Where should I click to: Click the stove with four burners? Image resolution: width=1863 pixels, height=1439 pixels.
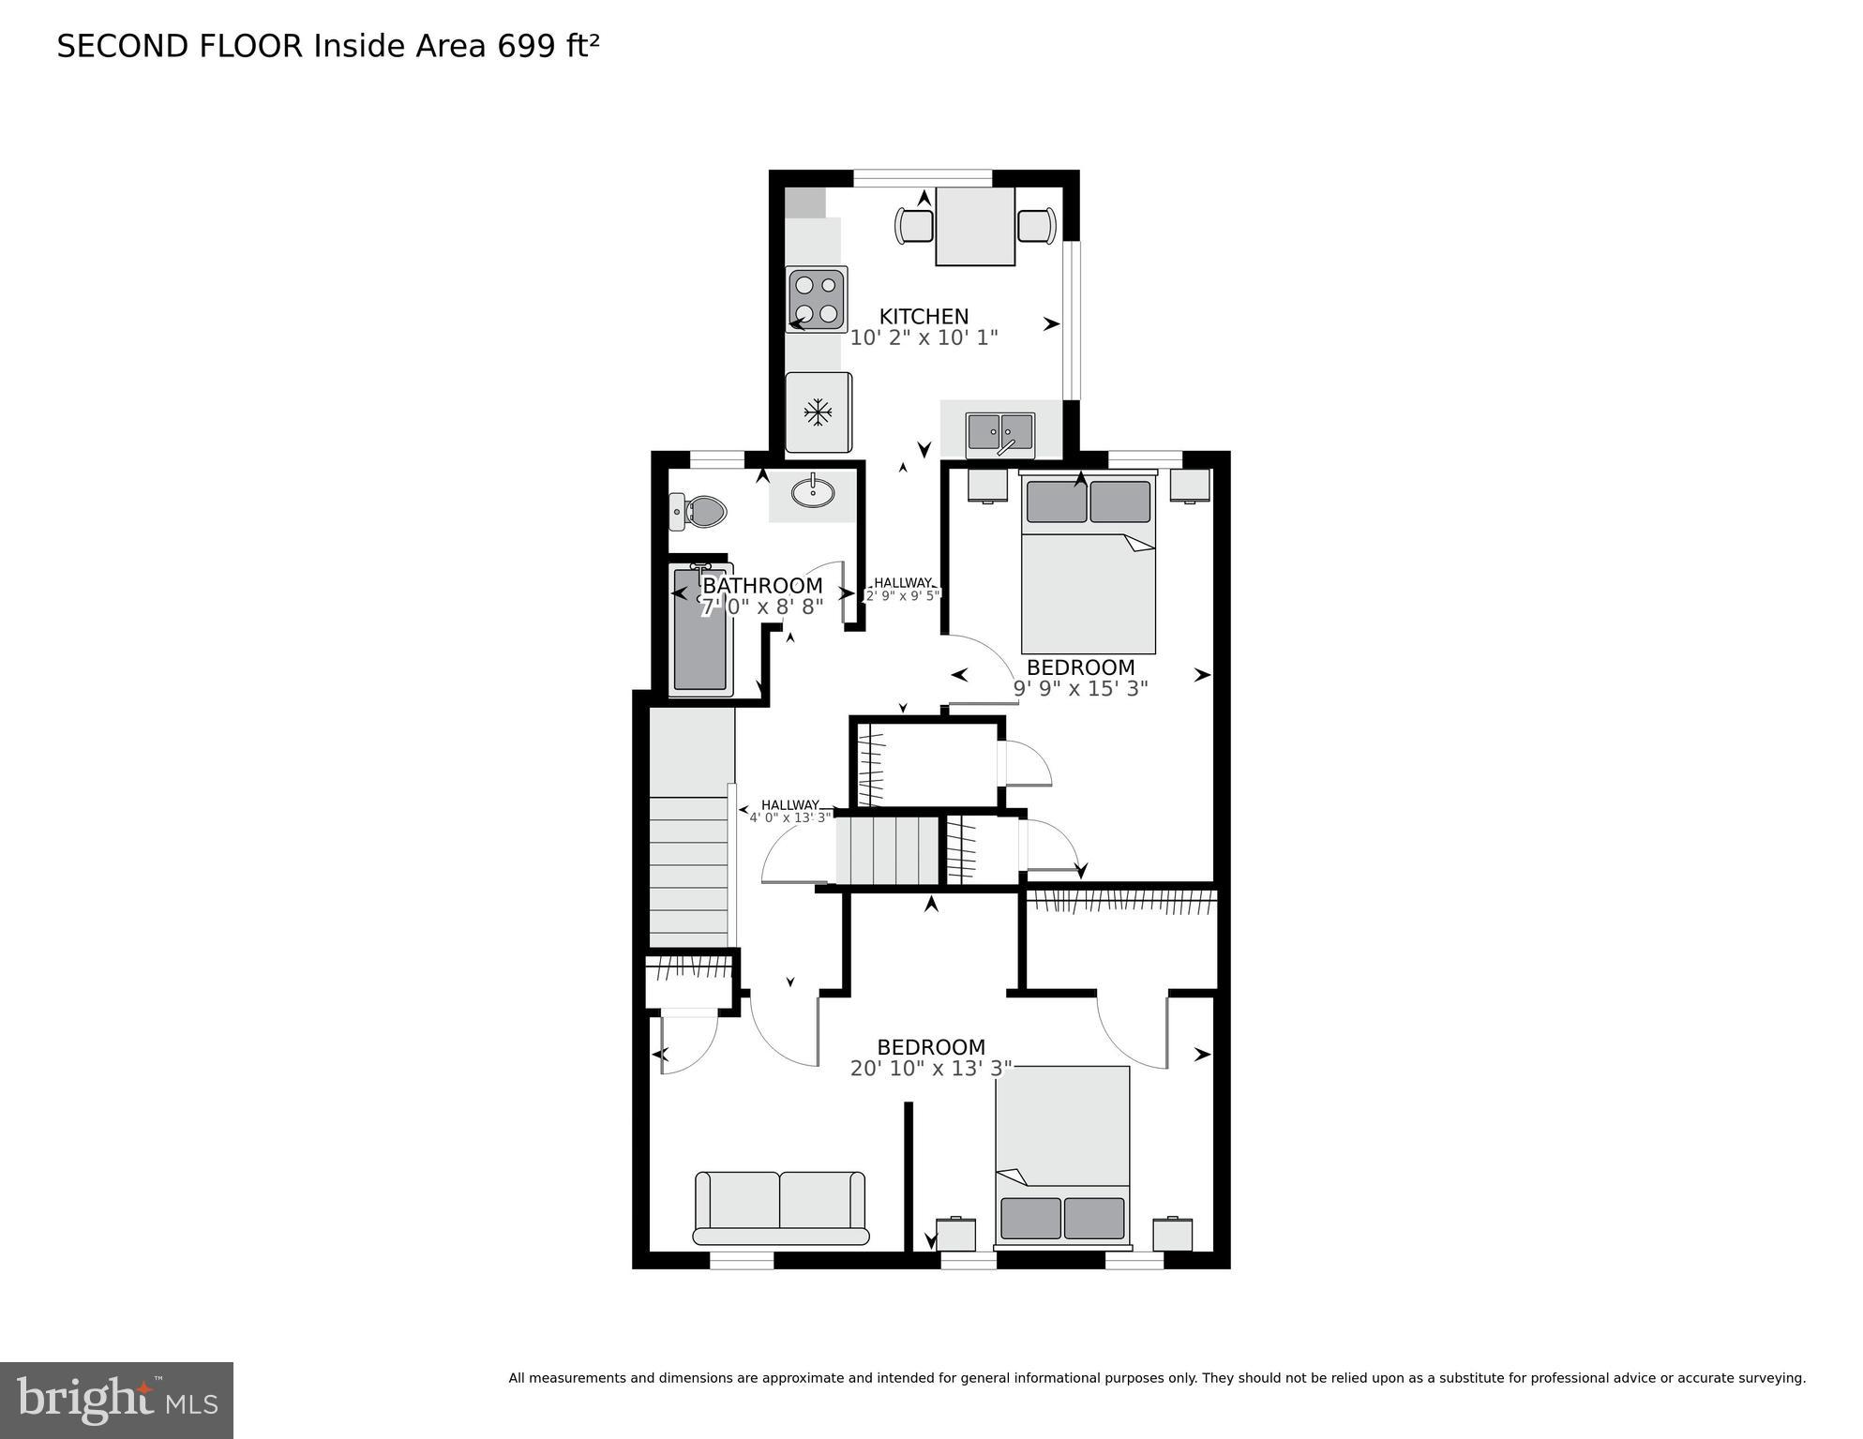[817, 299]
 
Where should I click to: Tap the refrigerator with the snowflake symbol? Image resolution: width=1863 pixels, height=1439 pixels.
[819, 412]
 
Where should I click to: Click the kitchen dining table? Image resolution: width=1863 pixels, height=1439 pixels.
[975, 226]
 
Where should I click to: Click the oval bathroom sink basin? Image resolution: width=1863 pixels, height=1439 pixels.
[813, 491]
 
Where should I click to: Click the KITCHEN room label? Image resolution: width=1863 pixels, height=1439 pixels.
[924, 317]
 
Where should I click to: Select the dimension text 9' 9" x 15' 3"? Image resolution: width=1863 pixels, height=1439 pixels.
[1081, 688]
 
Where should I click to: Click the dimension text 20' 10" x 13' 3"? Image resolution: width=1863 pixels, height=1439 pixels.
[931, 1068]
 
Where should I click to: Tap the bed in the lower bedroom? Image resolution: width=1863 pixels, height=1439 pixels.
[1062, 1154]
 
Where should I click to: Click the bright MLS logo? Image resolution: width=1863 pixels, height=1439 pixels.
[116, 1400]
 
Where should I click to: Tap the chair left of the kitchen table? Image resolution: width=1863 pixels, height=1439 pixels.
[915, 226]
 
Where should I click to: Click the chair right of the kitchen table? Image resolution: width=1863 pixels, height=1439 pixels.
[1036, 226]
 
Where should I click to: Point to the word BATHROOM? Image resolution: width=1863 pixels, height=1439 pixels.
[762, 586]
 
